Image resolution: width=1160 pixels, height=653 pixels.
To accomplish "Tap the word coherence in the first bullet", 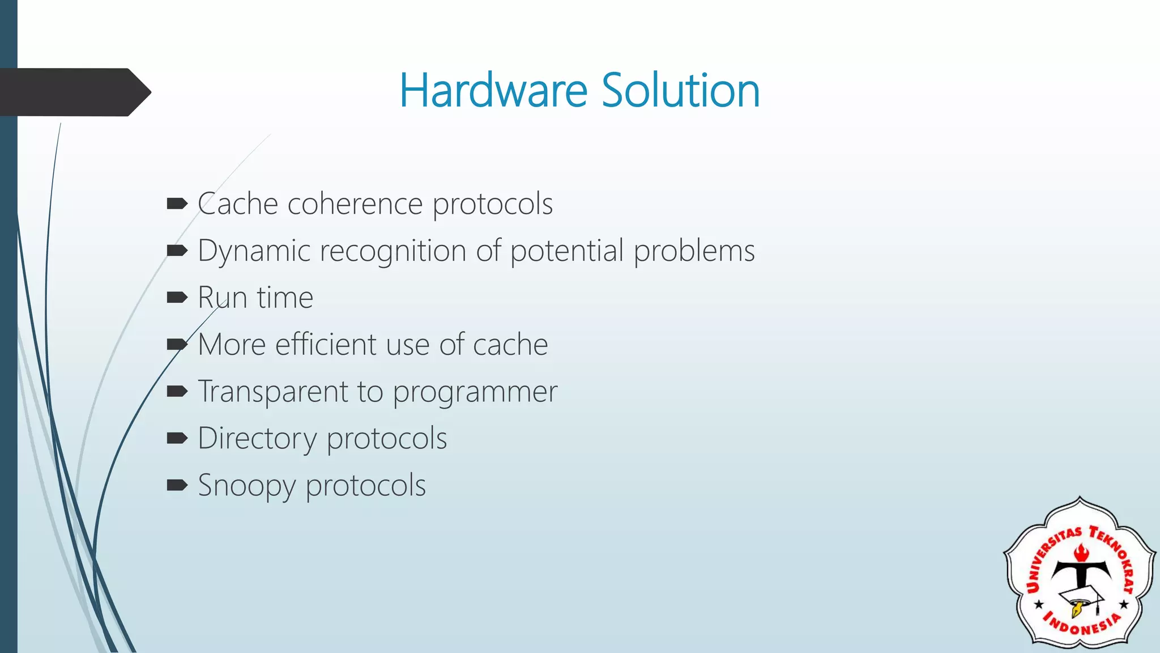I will point(355,204).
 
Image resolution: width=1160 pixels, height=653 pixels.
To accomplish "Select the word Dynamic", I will point(254,251).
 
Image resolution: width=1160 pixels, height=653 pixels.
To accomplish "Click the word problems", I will point(694,251).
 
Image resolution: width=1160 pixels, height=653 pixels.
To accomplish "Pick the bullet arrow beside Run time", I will point(177,297).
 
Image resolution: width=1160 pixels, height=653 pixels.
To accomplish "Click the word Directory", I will point(257,439).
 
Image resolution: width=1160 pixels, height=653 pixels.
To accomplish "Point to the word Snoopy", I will point(246,486).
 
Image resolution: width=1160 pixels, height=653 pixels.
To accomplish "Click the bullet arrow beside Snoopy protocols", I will point(177,485).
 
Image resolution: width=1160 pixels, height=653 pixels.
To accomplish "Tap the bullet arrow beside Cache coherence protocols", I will point(177,203).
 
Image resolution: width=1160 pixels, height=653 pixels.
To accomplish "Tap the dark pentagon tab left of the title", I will point(74,92).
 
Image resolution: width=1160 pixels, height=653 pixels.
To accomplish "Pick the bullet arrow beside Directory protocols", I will point(177,438).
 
